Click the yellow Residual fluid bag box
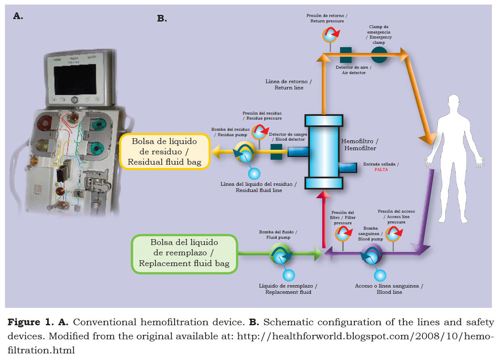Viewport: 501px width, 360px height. tap(164, 152)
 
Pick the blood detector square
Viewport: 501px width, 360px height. tap(276, 152)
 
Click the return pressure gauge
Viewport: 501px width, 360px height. tap(330, 35)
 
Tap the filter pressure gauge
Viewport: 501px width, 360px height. tap(343, 234)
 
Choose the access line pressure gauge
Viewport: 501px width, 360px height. tap(393, 234)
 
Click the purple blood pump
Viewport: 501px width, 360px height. tap(371, 254)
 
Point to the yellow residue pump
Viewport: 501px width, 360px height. tap(245, 153)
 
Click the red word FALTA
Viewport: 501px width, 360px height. tap(381, 170)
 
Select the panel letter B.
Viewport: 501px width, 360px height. tap(162, 19)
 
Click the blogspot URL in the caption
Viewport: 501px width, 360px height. tap(364, 336)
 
